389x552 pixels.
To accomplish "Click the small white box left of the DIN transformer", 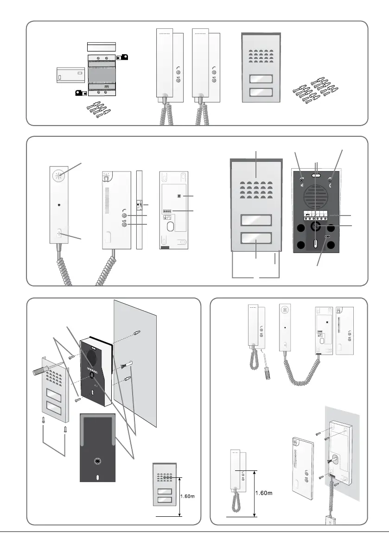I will pyautogui.click(x=69, y=75).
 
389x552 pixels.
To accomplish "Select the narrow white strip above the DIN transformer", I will pyautogui.click(x=101, y=47).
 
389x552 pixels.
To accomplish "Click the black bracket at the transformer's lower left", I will pyautogui.click(x=81, y=93).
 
